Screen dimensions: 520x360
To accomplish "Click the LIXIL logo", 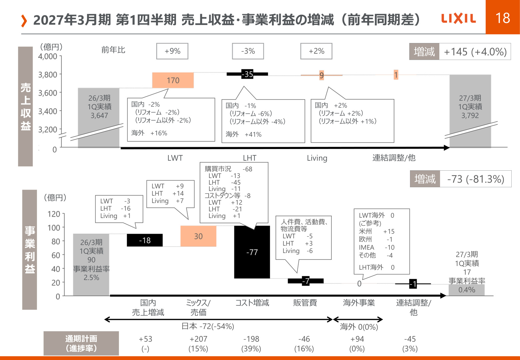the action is point(458,19).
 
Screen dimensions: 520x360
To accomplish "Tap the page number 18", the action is point(503,18).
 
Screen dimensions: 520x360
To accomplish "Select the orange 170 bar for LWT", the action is point(173,80).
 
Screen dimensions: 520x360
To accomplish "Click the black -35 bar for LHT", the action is point(247,74).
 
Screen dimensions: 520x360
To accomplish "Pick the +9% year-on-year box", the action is point(172,51).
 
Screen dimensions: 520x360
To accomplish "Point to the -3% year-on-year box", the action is point(248,51).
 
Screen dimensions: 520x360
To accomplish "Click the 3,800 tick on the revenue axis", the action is point(48,75).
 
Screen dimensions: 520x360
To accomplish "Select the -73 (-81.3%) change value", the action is point(476,179).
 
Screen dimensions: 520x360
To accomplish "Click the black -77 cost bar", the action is point(252,252).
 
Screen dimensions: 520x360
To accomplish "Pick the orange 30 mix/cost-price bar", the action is point(198,236).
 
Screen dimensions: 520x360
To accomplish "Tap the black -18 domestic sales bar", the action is point(145,240).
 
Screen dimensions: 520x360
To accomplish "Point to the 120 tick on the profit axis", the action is point(54,214).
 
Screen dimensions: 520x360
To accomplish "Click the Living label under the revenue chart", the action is point(317,158).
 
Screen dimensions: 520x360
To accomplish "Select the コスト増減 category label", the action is point(252,303).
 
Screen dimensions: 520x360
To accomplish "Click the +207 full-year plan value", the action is point(198,339).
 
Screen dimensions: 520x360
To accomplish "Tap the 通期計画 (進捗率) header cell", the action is point(81,343).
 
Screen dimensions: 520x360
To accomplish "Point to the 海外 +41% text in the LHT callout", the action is point(244,134).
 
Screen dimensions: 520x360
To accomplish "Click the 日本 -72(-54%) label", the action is point(208,326).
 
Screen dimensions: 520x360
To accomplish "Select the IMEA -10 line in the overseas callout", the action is point(377,247).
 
